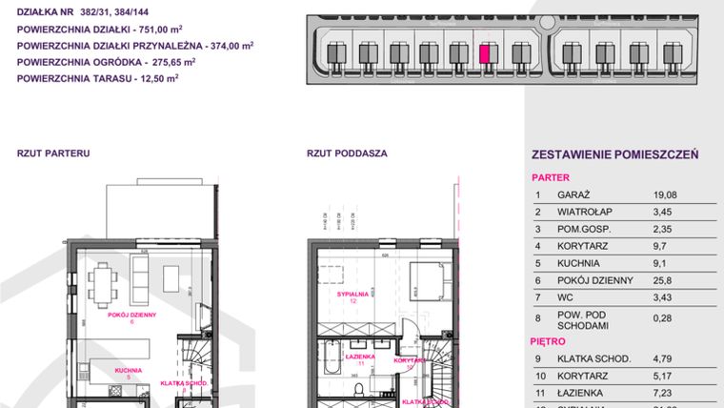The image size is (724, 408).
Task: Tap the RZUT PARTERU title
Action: [53, 152]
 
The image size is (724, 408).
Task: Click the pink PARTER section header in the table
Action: [550, 177]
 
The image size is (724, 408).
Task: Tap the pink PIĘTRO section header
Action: [549, 340]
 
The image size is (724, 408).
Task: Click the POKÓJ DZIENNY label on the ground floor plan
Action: [131, 316]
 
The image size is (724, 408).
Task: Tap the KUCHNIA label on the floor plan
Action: [128, 370]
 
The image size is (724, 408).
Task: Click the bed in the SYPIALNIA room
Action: [426, 281]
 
